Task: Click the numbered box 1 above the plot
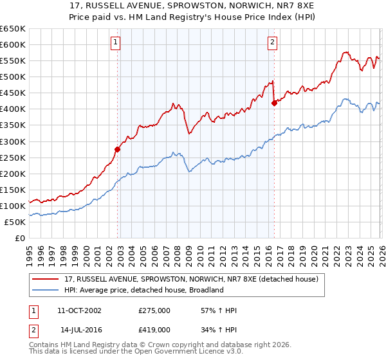point(115,43)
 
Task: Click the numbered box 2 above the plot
point(272,43)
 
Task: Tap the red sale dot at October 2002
point(118,149)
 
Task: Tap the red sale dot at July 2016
point(274,103)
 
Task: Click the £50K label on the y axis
point(15,222)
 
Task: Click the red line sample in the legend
point(46,279)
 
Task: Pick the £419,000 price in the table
point(154,329)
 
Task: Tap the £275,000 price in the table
point(154,310)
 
